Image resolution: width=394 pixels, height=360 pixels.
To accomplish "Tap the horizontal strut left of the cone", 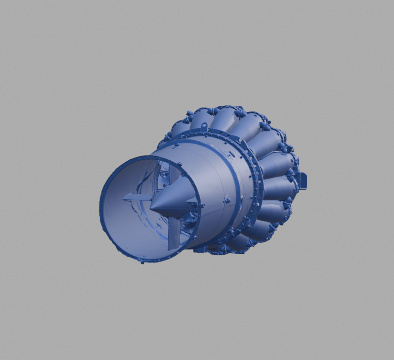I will pyautogui.click(x=137, y=196).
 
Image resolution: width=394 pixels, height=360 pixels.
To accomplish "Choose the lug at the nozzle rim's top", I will pyautogui.click(x=180, y=164).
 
